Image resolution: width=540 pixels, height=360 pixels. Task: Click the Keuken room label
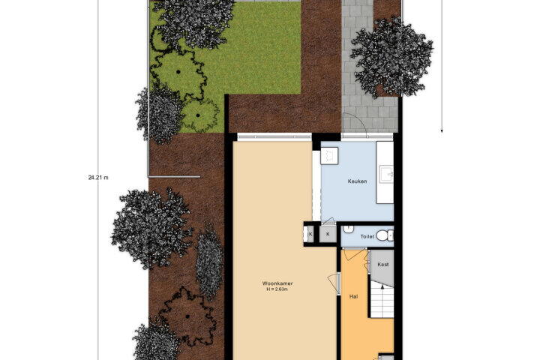(357, 181)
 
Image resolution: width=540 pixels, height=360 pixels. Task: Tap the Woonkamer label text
(277, 283)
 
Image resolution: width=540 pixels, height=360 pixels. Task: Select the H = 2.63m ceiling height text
(277, 289)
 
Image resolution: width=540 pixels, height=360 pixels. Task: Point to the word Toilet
(367, 237)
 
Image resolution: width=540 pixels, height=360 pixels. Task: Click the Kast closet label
(383, 265)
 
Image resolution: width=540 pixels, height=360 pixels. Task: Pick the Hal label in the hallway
(353, 296)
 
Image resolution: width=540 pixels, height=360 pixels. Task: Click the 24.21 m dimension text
(98, 178)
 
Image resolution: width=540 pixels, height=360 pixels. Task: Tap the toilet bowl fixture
(384, 235)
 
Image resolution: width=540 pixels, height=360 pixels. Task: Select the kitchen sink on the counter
(387, 174)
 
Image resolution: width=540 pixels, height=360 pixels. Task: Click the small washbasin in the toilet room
(349, 229)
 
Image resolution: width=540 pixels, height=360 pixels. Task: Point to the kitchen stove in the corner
(329, 156)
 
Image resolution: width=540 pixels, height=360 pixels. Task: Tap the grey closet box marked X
(328, 234)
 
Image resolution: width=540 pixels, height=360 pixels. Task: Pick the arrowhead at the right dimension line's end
(442, 131)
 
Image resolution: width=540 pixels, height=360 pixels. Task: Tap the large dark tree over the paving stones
(392, 57)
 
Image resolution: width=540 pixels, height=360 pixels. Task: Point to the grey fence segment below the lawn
(174, 177)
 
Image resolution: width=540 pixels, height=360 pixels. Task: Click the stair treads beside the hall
(382, 299)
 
